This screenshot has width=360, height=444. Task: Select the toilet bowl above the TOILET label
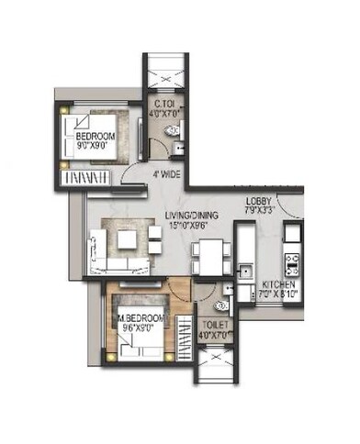(x=218, y=305)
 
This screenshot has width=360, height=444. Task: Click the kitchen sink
(x=244, y=271)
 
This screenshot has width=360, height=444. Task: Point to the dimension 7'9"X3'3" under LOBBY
(x=260, y=212)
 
